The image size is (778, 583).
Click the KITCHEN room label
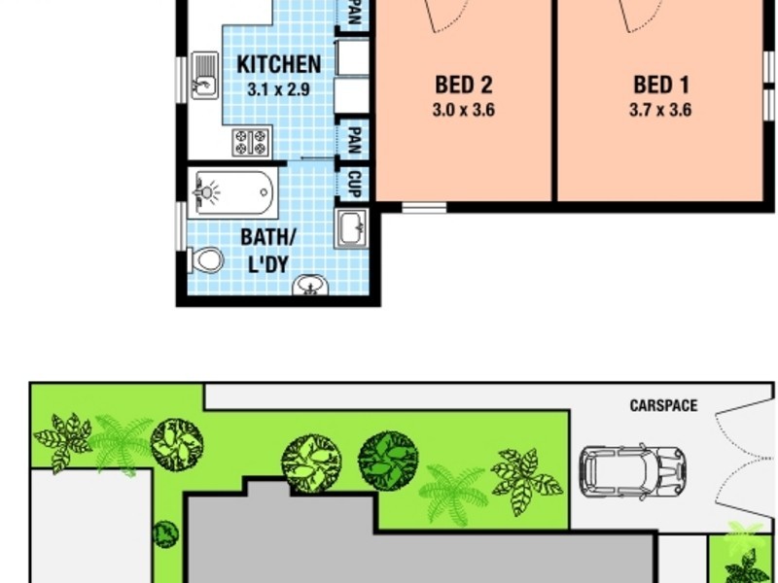(278, 65)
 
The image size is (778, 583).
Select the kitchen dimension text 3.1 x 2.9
(278, 88)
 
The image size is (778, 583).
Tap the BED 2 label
(463, 86)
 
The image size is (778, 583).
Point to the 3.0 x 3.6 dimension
(463, 110)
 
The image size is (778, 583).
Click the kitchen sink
(204, 76)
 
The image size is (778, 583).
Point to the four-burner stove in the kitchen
(250, 142)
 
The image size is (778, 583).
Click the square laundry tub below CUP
(352, 229)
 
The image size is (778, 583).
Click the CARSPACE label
(663, 405)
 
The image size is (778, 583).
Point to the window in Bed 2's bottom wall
(424, 207)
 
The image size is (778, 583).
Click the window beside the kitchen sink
(181, 76)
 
